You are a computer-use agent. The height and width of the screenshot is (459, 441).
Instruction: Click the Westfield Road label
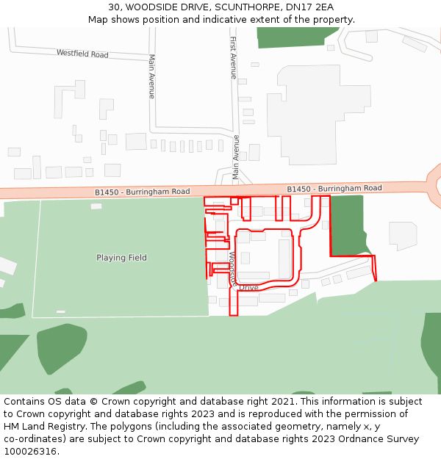[x=82, y=54]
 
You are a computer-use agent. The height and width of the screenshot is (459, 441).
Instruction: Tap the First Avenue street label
[x=233, y=57]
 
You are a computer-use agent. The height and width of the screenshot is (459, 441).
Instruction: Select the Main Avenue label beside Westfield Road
[x=152, y=76]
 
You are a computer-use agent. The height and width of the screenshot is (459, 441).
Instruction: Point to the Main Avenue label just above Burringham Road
[x=236, y=157]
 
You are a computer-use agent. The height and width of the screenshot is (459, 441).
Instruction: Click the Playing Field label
[x=121, y=258]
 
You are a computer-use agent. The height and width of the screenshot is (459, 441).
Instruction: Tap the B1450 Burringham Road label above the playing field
[x=142, y=192]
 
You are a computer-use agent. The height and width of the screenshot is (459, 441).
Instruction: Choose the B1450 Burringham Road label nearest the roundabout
[x=334, y=189]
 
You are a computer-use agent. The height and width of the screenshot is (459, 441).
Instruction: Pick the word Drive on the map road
[x=249, y=288]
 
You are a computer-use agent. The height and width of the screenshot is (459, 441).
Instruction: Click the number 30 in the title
[x=114, y=7]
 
